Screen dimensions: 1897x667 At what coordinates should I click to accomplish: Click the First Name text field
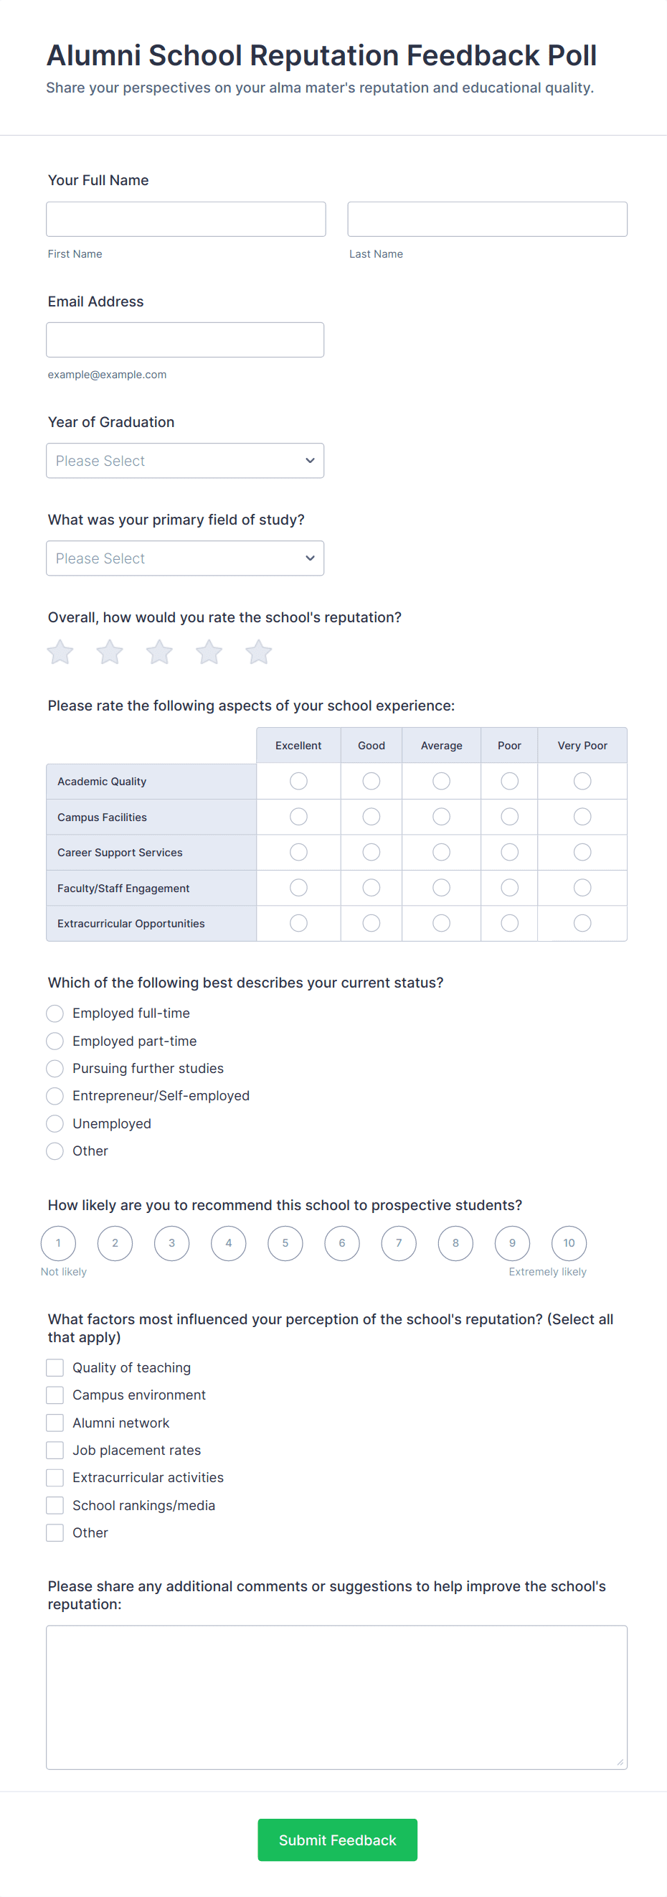(186, 220)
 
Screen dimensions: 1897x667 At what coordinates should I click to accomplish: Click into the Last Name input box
(487, 220)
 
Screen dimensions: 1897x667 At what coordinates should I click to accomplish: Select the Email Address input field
(185, 340)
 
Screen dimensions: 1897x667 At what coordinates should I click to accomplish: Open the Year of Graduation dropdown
(185, 461)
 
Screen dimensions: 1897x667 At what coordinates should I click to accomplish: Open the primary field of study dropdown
(185, 558)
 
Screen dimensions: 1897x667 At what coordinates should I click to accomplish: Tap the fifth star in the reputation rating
(258, 652)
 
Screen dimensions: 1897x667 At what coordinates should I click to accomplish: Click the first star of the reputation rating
(60, 652)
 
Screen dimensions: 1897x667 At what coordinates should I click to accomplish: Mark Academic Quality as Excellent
(298, 781)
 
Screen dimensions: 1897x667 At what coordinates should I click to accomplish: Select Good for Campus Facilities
(371, 817)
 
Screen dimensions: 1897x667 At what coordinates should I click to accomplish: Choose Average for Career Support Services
(441, 852)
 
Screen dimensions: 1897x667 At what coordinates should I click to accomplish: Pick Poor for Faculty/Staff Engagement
(508, 888)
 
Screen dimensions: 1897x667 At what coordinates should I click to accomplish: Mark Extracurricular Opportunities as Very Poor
(582, 924)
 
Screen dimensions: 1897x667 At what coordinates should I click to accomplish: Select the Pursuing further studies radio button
(55, 1069)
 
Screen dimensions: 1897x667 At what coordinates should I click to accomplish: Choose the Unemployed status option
(55, 1124)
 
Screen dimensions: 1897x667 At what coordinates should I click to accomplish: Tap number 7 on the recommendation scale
(398, 1243)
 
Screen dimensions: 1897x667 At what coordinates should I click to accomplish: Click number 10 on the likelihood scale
(568, 1243)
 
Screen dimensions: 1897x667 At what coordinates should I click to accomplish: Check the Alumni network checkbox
(55, 1423)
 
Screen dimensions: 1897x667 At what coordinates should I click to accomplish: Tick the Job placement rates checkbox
(55, 1450)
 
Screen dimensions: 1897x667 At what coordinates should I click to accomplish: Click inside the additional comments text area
(336, 1697)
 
